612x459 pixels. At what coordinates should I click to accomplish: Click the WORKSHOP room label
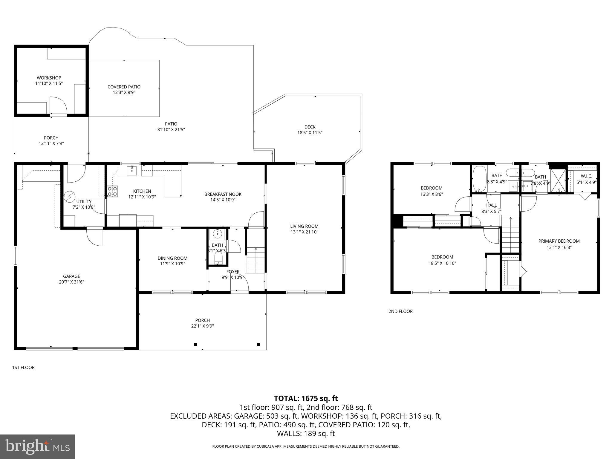click(x=49, y=78)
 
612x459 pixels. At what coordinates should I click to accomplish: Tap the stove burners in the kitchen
click(x=112, y=191)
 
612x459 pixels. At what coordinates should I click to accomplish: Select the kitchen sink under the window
click(x=132, y=171)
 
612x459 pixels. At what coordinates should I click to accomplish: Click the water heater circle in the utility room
click(x=70, y=197)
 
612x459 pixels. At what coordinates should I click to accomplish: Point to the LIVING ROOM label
click(x=304, y=226)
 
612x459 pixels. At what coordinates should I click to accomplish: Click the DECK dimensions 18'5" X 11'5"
click(x=310, y=133)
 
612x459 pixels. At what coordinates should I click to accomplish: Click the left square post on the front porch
click(x=195, y=344)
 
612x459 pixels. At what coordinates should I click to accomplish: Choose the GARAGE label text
click(x=71, y=276)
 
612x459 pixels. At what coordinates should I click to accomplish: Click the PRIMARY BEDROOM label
click(x=559, y=241)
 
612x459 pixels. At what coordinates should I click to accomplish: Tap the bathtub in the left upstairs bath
click(x=480, y=179)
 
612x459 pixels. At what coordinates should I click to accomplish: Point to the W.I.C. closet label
click(x=586, y=176)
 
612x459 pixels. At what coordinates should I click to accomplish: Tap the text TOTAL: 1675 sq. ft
click(x=306, y=398)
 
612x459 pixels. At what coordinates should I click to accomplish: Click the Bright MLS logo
click(x=37, y=446)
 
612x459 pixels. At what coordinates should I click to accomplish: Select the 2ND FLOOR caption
click(x=400, y=311)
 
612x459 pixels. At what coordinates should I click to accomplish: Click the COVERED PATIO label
click(x=124, y=87)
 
